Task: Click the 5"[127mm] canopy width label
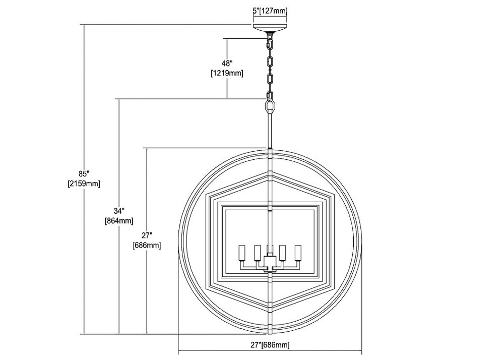[269, 11]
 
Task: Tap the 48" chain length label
[227, 63]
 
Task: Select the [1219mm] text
[227, 73]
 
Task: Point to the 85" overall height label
[84, 174]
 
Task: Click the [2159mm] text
[84, 184]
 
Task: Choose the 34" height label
[119, 211]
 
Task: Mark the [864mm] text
[119, 221]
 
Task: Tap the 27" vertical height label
[147, 235]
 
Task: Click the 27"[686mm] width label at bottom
[270, 345]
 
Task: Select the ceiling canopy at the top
[270, 28]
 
